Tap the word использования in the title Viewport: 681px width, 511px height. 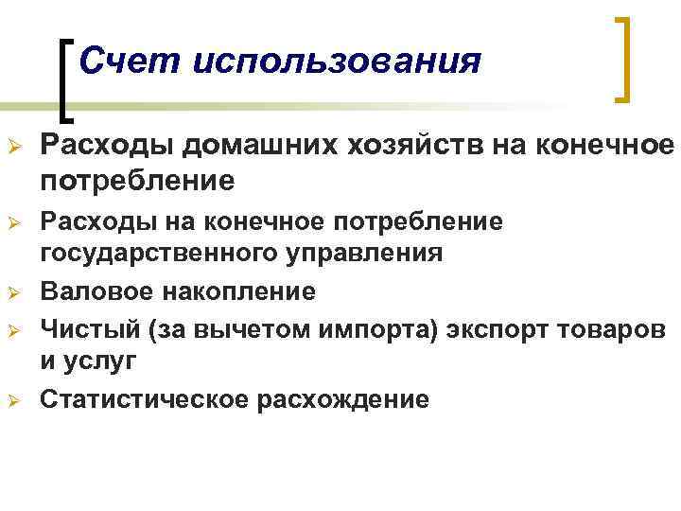(x=336, y=63)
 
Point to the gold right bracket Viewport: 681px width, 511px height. (x=621, y=59)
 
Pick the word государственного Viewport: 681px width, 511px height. (x=143, y=253)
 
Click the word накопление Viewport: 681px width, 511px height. (x=241, y=290)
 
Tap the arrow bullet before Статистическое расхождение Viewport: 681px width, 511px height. (x=13, y=400)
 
